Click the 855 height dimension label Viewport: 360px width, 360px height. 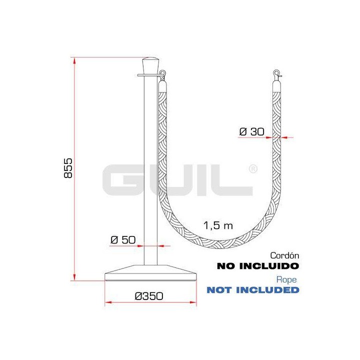coord(69,168)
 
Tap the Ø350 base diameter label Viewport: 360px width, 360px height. coord(149,296)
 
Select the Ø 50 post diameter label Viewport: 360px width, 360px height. coord(123,240)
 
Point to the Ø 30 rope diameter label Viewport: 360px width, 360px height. coord(252,132)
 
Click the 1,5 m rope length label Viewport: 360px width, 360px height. coord(218,225)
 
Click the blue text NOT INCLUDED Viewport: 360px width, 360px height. coord(253,290)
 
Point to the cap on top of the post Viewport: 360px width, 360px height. coord(150,65)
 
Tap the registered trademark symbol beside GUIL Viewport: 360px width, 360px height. coord(253,168)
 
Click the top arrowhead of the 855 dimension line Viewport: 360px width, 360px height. coord(74,60)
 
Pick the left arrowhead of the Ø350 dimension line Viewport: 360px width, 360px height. coord(107,303)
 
